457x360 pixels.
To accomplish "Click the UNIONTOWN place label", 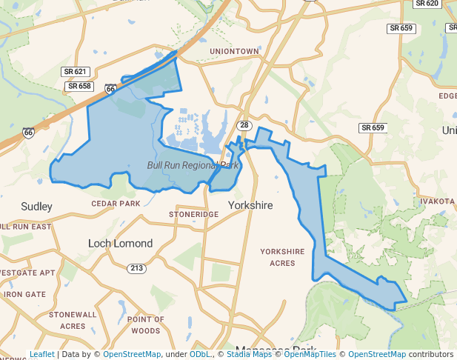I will point(234,51).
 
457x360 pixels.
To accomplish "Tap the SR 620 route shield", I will point(427,4).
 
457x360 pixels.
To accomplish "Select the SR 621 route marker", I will point(75,72).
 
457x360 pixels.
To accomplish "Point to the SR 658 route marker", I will point(79,86).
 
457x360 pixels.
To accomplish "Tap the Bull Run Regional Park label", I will point(193,166).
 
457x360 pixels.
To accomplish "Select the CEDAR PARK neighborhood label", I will point(116,203).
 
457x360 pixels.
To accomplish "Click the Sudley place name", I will point(37,206).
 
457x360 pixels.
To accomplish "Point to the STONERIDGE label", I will point(194,214).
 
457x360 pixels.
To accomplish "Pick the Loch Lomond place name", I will point(120,243).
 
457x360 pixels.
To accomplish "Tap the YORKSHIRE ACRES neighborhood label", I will point(282,257).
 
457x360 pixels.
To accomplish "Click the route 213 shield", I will point(136,268).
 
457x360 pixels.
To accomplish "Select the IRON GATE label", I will point(24,294).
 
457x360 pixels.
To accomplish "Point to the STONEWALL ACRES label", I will point(73,320).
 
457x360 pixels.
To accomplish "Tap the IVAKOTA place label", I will point(436,201).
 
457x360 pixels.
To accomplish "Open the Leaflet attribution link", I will point(41,354).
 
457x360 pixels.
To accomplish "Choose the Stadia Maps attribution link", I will point(249,354).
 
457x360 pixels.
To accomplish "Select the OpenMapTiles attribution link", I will point(310,354).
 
